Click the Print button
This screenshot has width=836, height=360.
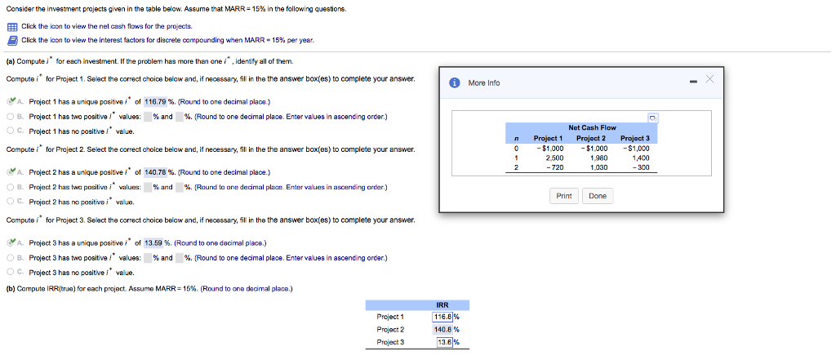pos(564,196)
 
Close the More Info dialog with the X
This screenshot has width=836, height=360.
pos(709,79)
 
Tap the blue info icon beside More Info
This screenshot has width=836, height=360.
pos(454,82)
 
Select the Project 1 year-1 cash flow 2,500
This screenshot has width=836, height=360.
pos(548,158)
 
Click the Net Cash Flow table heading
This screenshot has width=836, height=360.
pos(593,127)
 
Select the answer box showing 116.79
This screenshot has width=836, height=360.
pos(156,101)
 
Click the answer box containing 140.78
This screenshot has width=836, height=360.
pos(156,171)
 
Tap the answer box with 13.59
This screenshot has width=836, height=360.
pos(154,243)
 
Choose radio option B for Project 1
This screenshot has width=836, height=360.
pos(11,116)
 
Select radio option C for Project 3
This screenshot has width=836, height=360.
pos(11,273)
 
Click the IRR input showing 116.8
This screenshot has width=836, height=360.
pos(442,317)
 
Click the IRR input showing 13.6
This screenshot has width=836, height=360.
pos(444,342)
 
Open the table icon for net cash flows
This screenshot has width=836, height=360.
pos(12,27)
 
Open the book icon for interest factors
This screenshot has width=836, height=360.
pos(12,41)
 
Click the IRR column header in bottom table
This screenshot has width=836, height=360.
pos(442,305)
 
